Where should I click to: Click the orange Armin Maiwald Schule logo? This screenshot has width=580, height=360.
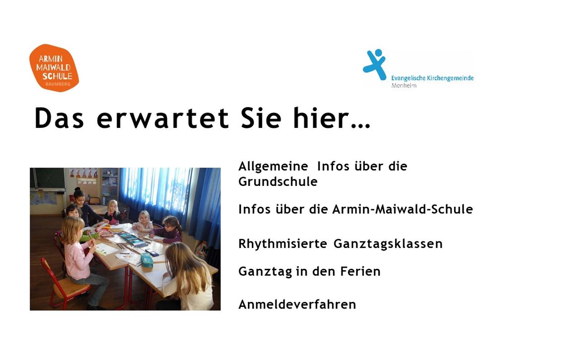(x=54, y=68)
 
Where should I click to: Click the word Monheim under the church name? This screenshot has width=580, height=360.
(x=404, y=85)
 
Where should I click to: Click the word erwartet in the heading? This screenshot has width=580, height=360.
(x=163, y=118)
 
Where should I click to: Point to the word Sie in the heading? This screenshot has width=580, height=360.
(x=261, y=118)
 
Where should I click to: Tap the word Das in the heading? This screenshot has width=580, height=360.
(x=59, y=118)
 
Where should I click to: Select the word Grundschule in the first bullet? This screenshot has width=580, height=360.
(x=278, y=181)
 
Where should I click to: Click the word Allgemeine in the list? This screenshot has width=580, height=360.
(x=273, y=167)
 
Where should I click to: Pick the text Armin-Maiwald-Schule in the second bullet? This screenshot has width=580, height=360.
(x=403, y=209)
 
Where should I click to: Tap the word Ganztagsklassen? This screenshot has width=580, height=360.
(x=388, y=244)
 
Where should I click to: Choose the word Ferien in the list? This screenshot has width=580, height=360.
(x=360, y=272)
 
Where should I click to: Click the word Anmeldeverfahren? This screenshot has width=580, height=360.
(x=297, y=304)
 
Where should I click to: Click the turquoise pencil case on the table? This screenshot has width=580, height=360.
(x=146, y=260)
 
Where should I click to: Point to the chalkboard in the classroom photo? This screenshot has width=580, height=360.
(x=48, y=179)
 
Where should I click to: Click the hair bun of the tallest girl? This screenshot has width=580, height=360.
(x=77, y=189)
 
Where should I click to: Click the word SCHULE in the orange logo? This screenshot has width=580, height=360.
(x=58, y=76)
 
